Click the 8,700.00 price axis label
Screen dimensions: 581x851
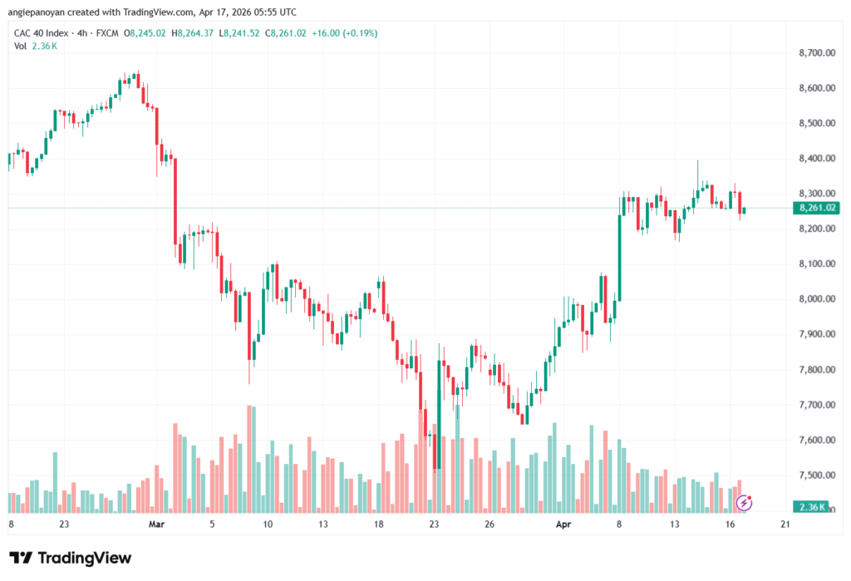pyautogui.click(x=815, y=52)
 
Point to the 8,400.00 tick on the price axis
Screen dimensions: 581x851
pyautogui.click(x=815, y=158)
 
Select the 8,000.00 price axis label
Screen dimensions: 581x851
pyautogui.click(x=815, y=299)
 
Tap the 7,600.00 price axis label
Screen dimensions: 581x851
pyautogui.click(x=815, y=440)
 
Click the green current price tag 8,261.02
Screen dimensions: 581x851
pyautogui.click(x=815, y=208)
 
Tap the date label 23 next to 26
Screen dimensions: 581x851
pyautogui.click(x=434, y=525)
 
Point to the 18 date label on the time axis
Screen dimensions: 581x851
pyautogui.click(x=378, y=525)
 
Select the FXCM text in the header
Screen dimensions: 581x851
pyautogui.click(x=107, y=33)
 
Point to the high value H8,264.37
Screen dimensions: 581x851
pyautogui.click(x=192, y=33)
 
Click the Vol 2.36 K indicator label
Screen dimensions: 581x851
pyautogui.click(x=35, y=46)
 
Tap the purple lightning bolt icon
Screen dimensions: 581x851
pyautogui.click(x=745, y=502)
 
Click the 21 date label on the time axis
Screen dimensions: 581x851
pyautogui.click(x=785, y=525)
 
